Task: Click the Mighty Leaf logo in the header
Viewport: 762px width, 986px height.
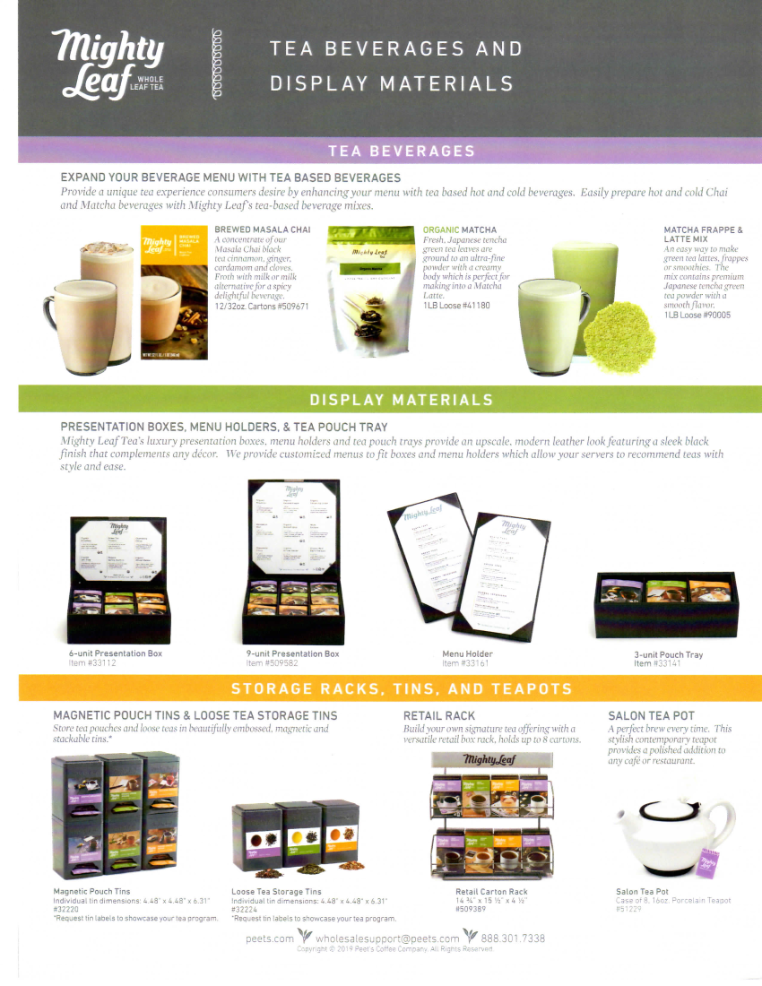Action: coord(108,63)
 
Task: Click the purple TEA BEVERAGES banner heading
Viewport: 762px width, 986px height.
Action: coord(401,151)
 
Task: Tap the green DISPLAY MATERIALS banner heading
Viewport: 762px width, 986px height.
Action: coord(401,400)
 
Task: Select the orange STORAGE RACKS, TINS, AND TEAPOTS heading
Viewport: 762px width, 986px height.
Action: coord(401,688)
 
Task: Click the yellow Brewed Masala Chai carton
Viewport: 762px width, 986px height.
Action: coord(175,292)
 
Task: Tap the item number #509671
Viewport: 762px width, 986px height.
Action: coord(289,307)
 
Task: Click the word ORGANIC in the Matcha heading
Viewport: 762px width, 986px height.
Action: coord(440,230)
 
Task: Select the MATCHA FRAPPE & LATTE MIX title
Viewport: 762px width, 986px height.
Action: coord(703,235)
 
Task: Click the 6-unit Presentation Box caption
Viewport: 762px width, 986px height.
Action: coord(116,653)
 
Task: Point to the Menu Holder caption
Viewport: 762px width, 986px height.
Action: coord(467,653)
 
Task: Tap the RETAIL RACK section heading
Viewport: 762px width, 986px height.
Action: coord(439,715)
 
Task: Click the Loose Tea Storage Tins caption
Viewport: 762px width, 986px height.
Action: coord(276,892)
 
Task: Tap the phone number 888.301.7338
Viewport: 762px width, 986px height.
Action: coord(513,938)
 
